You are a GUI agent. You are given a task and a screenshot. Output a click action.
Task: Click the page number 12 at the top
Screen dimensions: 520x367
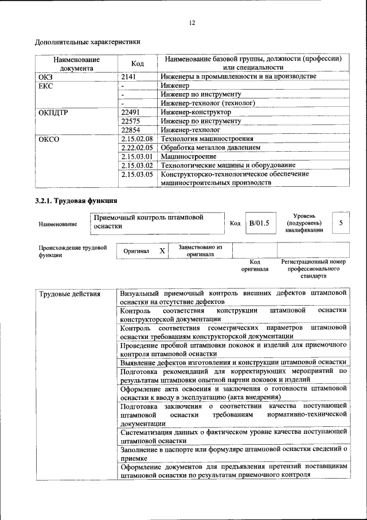pos(192,22)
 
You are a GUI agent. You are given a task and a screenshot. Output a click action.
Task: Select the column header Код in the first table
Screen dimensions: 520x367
pos(137,63)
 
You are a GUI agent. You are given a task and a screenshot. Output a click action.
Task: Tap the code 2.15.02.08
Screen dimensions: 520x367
pos(136,139)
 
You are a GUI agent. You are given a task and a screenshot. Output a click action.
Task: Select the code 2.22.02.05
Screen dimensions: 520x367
pos(136,148)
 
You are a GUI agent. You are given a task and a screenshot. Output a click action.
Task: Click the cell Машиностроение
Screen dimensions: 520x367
pos(189,156)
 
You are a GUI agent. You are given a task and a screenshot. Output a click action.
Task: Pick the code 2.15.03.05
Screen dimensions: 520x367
pos(136,174)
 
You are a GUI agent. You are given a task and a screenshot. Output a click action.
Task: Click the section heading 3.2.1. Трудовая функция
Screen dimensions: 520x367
pos(76,201)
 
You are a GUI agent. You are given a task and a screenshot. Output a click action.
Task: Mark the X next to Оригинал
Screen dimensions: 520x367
pos(162,251)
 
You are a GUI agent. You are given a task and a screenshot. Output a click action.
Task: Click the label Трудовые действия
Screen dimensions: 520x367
pos(69,294)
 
